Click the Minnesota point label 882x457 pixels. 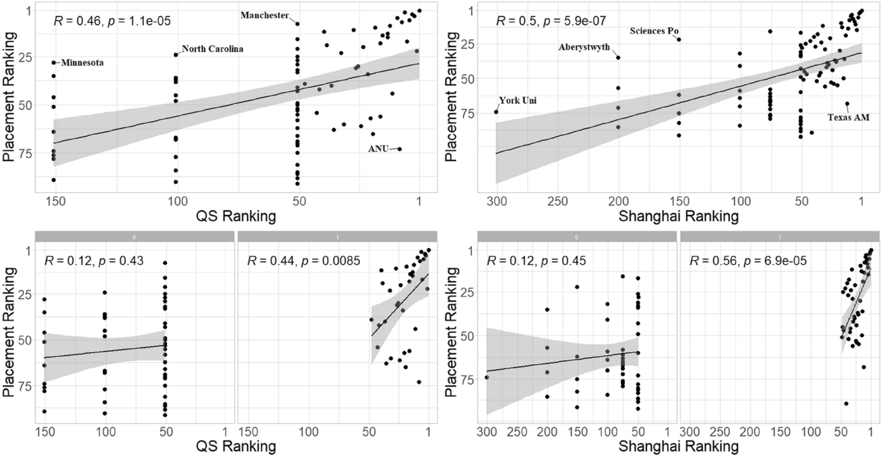pyautogui.click(x=82, y=63)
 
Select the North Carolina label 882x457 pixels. pyautogui.click(x=213, y=49)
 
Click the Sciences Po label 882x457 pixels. pyautogui.click(x=655, y=30)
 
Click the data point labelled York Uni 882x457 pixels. pyautogui.click(x=496, y=112)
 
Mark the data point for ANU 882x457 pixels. pyautogui.click(x=400, y=149)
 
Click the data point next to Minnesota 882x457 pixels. pyautogui.click(x=54, y=62)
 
